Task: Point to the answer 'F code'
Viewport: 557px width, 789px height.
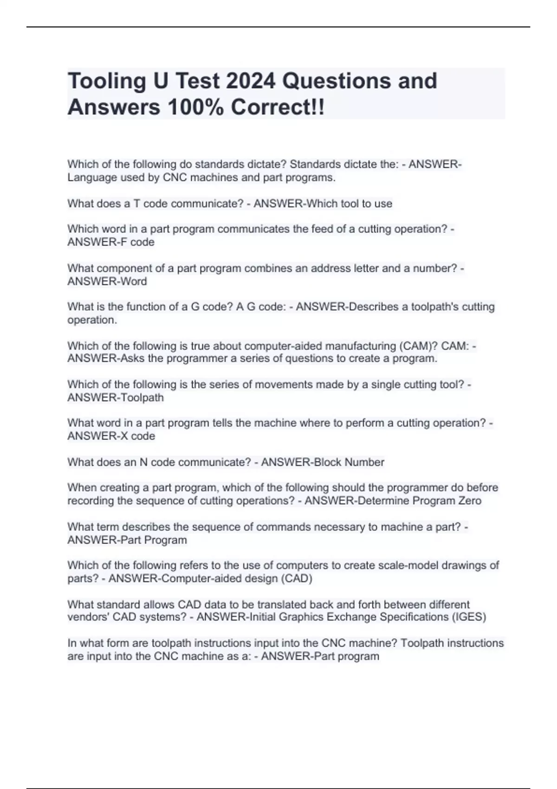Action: tap(138, 242)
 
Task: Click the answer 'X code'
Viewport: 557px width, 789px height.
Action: tap(138, 436)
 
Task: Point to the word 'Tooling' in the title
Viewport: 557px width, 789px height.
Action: tap(107, 81)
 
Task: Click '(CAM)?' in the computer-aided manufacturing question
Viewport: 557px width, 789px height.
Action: tap(417, 346)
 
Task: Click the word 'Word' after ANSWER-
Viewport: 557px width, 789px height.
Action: tap(134, 281)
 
